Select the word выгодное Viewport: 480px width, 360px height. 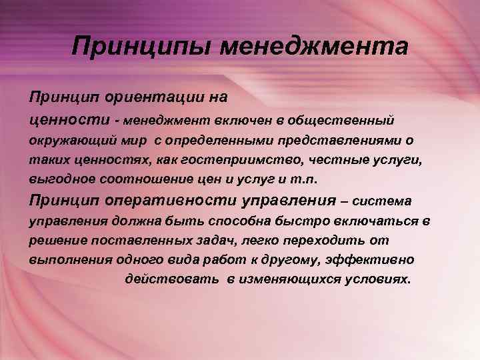click(x=57, y=181)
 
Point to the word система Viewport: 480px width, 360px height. click(x=383, y=201)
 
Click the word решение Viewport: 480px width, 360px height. click(x=57, y=240)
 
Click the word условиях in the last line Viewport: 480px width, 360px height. click(x=381, y=279)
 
